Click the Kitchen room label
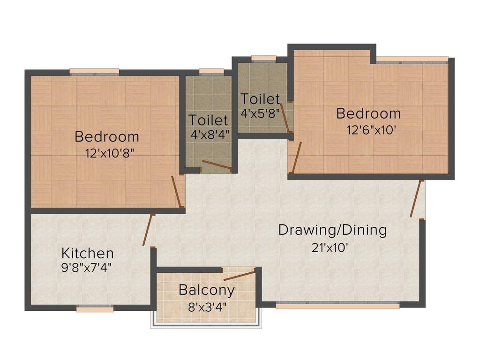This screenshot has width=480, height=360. point(88,253)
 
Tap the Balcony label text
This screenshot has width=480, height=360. point(207,290)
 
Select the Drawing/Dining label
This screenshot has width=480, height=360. point(332,230)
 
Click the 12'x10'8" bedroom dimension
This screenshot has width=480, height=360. point(110,153)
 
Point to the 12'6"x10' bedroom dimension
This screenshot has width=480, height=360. point(372,130)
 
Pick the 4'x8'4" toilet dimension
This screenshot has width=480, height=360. point(210,135)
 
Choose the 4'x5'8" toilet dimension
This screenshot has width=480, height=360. point(260,113)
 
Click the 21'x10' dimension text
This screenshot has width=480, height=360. point(330,247)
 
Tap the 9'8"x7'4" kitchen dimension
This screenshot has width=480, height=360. point(86,268)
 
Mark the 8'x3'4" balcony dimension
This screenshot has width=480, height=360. point(208,307)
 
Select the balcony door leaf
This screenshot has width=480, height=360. point(240,275)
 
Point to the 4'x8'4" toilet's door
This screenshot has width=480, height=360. point(217,165)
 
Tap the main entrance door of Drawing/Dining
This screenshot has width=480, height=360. point(416,199)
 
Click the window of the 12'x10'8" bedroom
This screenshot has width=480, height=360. point(94,72)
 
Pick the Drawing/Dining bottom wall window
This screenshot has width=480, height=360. point(338,305)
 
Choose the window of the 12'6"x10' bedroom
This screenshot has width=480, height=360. point(412,60)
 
